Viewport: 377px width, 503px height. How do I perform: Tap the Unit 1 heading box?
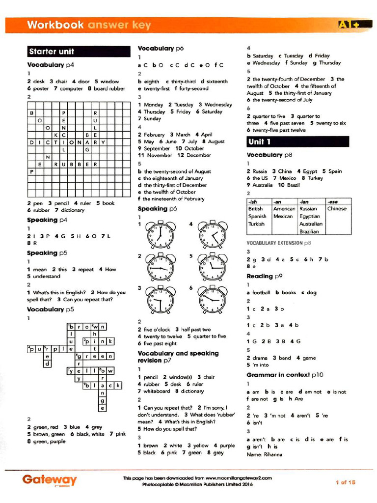pos(297,142)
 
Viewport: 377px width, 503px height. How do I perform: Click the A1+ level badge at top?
pos(349,24)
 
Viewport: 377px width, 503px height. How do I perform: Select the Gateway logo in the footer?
pos(49,479)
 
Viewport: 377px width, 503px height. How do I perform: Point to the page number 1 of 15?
pos(345,482)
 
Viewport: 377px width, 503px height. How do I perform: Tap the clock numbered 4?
pos(213,235)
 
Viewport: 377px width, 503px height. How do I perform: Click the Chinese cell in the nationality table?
pos(337,209)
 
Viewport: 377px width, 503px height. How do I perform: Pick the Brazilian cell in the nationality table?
pos(309,231)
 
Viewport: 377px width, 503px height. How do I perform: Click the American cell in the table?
pos(284,209)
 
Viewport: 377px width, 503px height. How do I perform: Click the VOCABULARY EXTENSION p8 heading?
pos(279,243)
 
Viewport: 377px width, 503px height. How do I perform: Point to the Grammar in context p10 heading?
pos(285,375)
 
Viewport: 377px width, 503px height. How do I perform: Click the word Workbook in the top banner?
pos(55,25)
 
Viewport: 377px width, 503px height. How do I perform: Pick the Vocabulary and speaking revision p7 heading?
pos(178,357)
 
